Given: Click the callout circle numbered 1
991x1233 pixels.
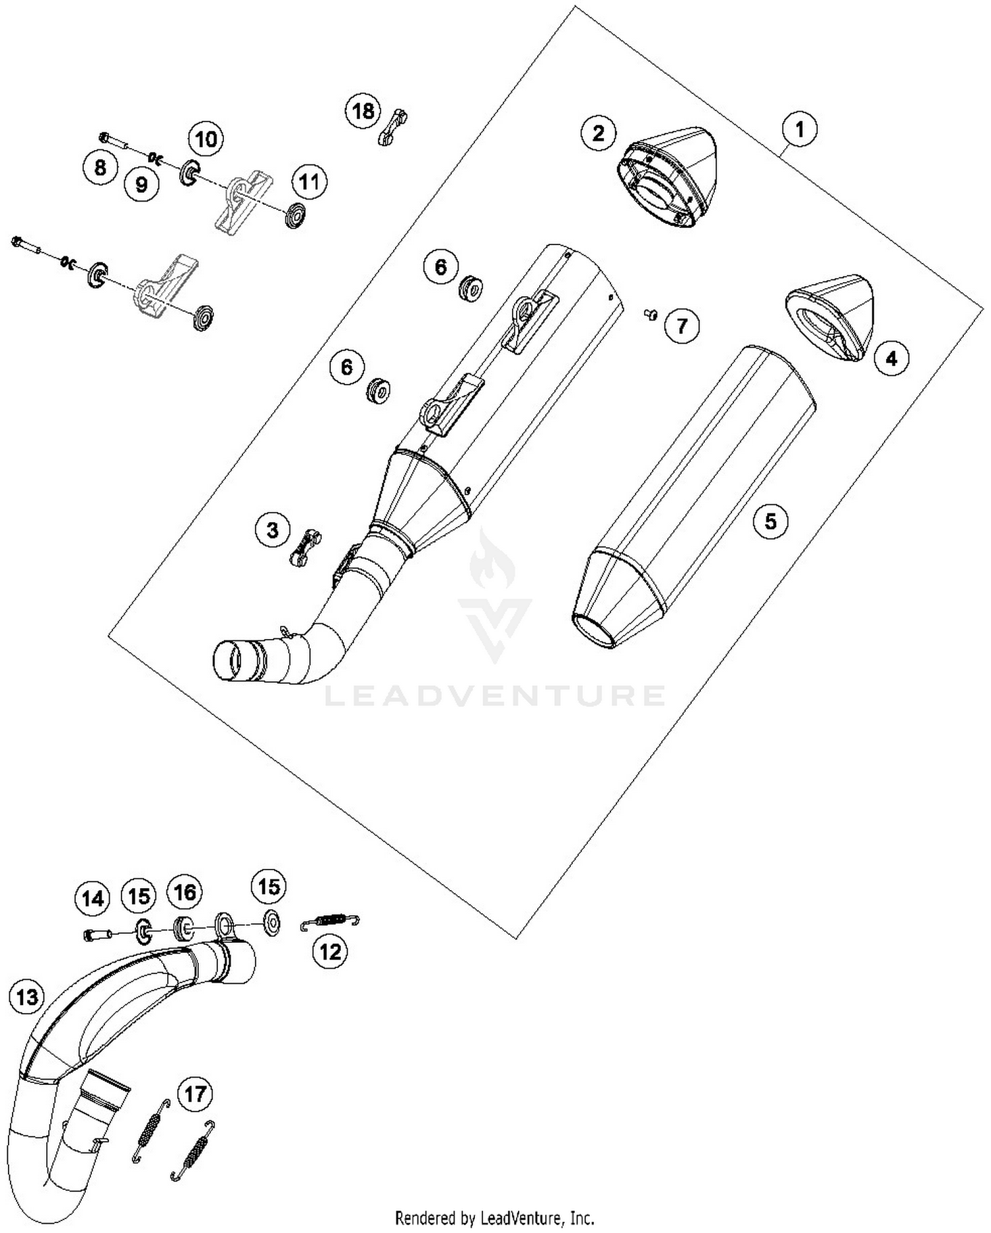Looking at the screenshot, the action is [799, 130].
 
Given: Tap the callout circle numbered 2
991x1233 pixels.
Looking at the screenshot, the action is [598, 133].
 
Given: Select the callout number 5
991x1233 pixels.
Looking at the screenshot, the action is [770, 521].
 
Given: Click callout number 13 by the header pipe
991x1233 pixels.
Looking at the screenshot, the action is [27, 996].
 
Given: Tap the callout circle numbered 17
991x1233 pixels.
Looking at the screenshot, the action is [195, 1094].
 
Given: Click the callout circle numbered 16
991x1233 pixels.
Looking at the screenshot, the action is [184, 893].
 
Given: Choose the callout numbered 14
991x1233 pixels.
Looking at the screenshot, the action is [93, 899].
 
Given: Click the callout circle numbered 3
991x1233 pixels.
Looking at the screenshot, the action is [273, 529].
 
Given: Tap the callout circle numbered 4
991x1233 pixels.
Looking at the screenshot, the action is [891, 359].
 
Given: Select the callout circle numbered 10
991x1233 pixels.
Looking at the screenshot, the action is [205, 139].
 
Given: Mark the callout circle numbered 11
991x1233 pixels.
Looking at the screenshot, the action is [309, 182].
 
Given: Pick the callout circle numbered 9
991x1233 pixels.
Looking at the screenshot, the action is [141, 184].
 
